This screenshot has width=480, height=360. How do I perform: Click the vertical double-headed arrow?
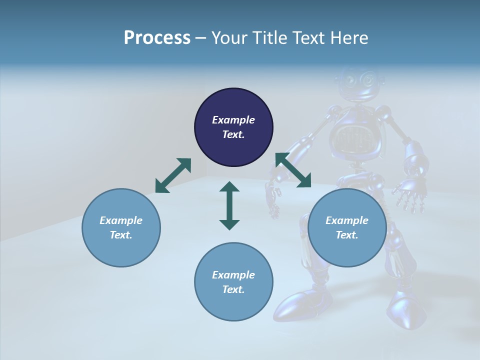229,205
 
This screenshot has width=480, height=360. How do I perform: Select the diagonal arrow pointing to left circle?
173,175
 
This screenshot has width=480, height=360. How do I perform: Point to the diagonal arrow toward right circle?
293,170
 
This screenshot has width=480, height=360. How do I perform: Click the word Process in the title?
157,37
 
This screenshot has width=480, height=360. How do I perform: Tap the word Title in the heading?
270,37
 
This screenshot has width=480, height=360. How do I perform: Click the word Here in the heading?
349,37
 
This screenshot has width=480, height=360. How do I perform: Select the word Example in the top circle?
233,120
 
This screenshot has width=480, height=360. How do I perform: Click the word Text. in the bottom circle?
233,289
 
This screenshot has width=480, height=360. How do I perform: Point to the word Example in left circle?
121,220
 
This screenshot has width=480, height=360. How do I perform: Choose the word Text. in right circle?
347,235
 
